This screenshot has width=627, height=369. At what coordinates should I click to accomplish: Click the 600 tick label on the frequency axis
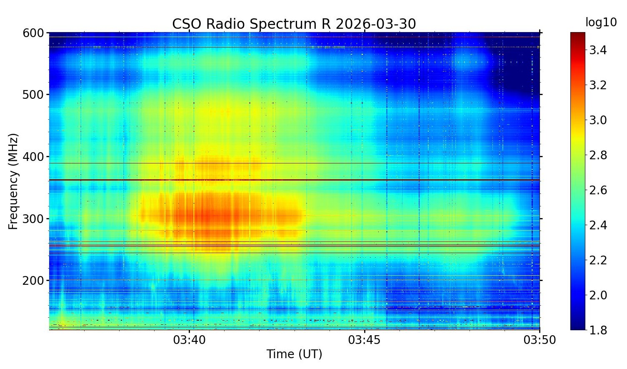[33, 33]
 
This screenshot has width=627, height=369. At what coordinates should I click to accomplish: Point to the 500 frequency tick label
[33, 95]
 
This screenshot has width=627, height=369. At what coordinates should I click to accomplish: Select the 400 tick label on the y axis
[33, 157]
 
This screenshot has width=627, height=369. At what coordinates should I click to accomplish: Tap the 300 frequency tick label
[33, 219]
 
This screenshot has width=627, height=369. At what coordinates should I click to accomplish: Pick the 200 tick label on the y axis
[33, 281]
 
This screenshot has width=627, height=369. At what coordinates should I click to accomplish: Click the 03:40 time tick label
[190, 340]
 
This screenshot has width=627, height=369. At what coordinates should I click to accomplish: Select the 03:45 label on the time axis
[365, 340]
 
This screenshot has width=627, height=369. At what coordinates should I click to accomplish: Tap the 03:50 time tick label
[540, 340]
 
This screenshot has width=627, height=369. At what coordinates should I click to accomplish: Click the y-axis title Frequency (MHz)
[13, 181]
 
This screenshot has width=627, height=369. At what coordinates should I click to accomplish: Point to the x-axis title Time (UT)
[294, 354]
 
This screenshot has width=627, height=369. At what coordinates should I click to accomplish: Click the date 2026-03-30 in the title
[375, 24]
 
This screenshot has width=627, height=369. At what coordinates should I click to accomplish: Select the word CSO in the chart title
[187, 24]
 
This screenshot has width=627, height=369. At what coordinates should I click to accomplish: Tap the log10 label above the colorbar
[601, 23]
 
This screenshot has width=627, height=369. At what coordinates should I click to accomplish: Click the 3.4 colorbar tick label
[597, 50]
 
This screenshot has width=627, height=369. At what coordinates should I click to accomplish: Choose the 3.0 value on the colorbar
[597, 120]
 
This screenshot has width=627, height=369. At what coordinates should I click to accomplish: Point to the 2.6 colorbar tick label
[597, 191]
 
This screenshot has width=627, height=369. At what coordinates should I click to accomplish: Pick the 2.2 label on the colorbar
[597, 261]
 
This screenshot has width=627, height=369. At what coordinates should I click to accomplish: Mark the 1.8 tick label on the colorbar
[597, 330]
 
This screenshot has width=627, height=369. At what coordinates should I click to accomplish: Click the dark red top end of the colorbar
[578, 35]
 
